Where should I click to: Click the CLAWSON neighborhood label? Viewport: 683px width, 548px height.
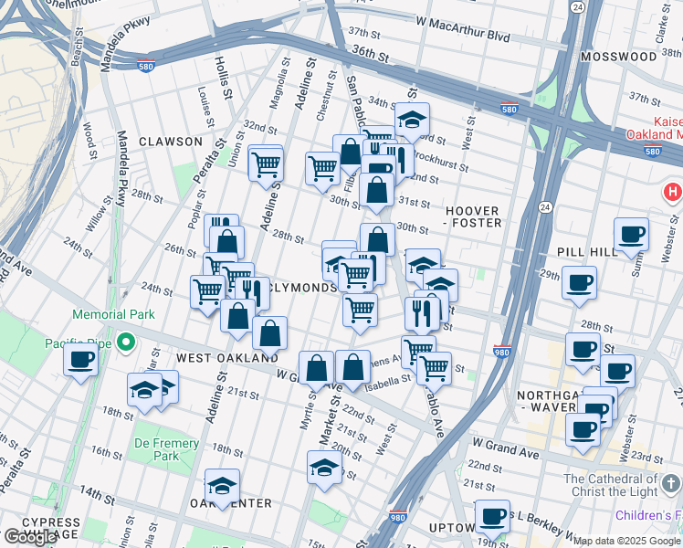[x=171, y=142]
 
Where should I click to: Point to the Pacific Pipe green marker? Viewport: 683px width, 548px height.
[x=128, y=344]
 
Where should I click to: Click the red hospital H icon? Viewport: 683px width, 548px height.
[x=673, y=193]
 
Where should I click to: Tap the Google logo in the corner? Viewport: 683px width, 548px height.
[x=30, y=537]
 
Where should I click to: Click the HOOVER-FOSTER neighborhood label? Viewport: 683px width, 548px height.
[x=473, y=216]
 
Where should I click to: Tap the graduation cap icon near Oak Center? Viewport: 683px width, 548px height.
[x=222, y=486]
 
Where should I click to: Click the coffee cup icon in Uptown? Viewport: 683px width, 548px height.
[x=494, y=516]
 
